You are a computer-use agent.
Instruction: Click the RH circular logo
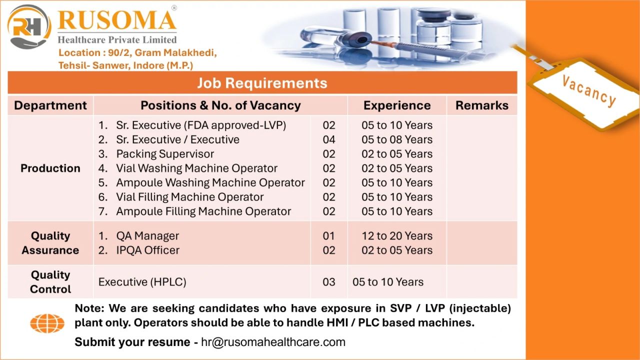[x=29, y=26]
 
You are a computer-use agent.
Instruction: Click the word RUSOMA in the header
[x=117, y=20]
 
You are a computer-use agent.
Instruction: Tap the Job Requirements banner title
[x=262, y=83]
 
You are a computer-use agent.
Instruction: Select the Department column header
[x=50, y=105]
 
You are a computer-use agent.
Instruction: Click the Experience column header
[x=397, y=105]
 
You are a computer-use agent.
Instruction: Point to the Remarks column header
[x=481, y=105]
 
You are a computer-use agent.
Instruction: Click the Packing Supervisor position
[x=165, y=154]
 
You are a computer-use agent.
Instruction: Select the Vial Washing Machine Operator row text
[x=196, y=168]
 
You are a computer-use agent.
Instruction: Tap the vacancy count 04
[x=329, y=139]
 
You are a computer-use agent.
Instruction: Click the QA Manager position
[x=147, y=236]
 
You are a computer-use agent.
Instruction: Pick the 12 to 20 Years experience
[x=397, y=236]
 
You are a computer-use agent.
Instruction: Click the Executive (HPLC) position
[x=142, y=282]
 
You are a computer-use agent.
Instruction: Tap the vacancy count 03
[x=329, y=282]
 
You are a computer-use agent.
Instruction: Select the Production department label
[x=50, y=168]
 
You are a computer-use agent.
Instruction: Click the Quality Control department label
[x=50, y=282]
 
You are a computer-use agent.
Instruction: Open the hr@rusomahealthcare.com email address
[x=273, y=342]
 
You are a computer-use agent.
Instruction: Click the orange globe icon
[x=47, y=323]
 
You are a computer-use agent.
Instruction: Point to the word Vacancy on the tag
[x=589, y=91]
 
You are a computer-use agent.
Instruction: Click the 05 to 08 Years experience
[x=397, y=139]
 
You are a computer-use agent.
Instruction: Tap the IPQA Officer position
[x=147, y=250]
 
